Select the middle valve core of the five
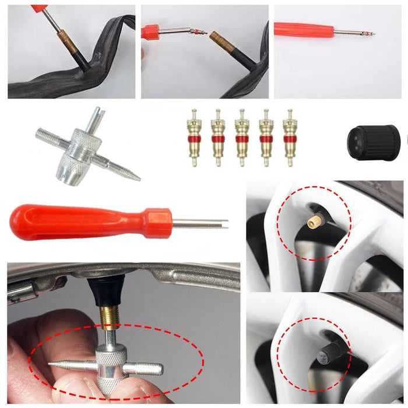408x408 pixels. pyautogui.click(x=241, y=138)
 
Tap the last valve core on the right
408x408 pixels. pyautogui.click(x=289, y=138)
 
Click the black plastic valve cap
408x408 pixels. pyautogui.click(x=373, y=142)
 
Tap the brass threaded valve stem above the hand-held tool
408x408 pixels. pyautogui.click(x=108, y=318)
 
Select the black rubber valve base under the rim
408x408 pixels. pyautogui.click(x=108, y=290)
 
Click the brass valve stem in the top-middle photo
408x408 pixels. pyautogui.click(x=224, y=42)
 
